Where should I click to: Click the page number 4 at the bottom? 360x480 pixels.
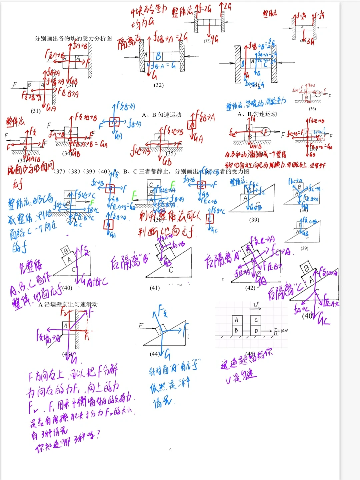point(170,449)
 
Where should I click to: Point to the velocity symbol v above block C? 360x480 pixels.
point(256,305)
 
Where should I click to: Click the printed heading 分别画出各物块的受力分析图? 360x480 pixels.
point(73,38)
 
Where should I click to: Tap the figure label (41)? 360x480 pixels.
point(155,288)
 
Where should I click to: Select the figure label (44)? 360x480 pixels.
point(155,354)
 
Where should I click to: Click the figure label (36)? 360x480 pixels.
point(312,109)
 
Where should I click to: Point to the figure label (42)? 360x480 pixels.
point(250,288)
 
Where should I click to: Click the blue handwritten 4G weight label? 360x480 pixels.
point(214,40)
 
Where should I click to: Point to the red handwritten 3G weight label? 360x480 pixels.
point(310,41)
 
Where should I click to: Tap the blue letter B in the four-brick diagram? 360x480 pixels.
point(159,56)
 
